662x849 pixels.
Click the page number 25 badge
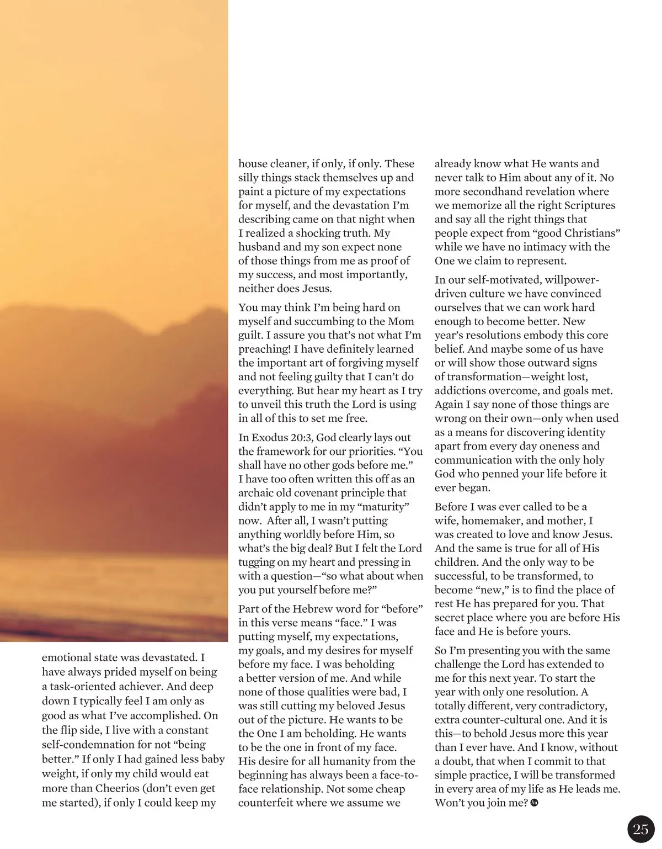(x=640, y=829)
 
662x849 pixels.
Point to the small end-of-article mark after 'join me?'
(x=533, y=803)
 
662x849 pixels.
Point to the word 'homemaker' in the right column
(x=490, y=521)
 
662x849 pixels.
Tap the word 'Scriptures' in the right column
(x=587, y=205)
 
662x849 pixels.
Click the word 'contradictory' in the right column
(x=573, y=706)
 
